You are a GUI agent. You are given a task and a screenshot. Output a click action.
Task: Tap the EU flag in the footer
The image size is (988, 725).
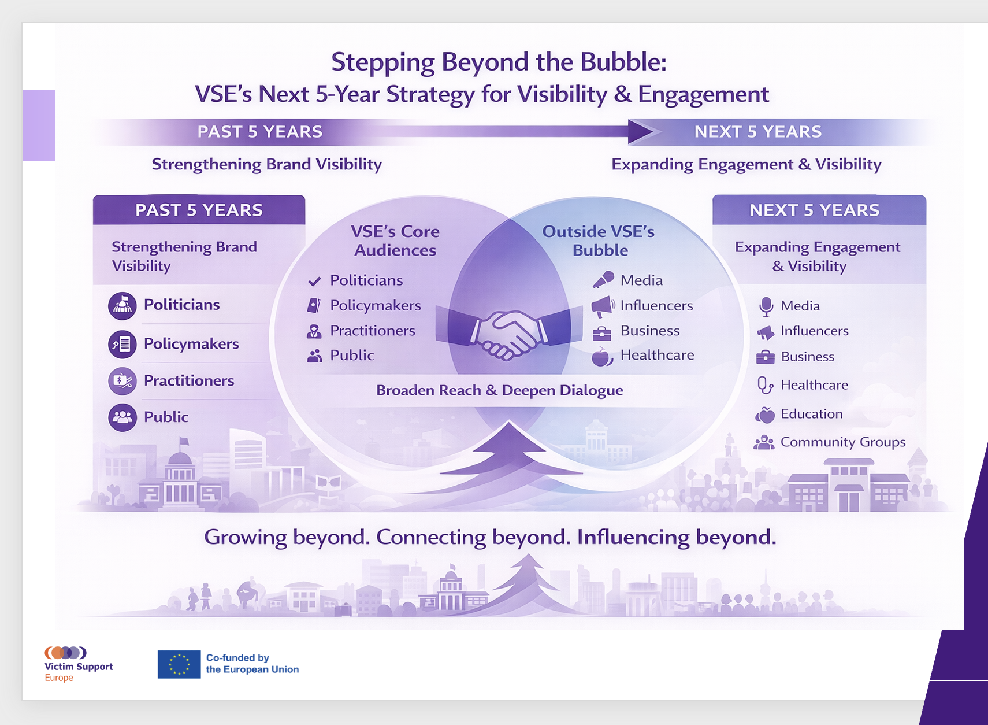point(179,664)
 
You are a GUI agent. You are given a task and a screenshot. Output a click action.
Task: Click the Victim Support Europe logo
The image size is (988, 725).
point(79,664)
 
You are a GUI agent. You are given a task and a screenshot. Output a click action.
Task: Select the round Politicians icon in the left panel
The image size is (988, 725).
point(122,306)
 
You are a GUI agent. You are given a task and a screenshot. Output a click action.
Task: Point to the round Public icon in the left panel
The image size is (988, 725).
point(122,417)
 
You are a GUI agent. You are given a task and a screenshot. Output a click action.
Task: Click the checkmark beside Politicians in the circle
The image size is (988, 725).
point(314,281)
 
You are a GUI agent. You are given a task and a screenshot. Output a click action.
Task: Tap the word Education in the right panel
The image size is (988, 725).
point(812,413)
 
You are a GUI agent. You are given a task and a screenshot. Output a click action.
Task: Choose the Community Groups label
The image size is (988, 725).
point(843,442)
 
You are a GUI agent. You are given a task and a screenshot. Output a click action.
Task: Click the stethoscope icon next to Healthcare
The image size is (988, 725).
point(765,385)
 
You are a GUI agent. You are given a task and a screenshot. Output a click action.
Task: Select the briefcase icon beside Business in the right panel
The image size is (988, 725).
point(765,357)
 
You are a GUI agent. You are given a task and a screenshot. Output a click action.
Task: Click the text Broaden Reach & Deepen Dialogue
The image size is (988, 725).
point(499,390)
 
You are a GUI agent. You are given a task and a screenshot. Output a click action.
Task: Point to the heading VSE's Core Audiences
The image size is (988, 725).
point(395,241)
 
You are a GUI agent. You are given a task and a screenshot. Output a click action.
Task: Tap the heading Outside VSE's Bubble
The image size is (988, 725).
point(599,241)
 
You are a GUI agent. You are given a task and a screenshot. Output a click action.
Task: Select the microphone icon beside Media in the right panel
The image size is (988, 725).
point(766,306)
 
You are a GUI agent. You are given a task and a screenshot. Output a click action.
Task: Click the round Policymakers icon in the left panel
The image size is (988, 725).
point(122,344)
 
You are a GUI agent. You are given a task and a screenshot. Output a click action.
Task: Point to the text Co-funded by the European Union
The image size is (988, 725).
point(252,664)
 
